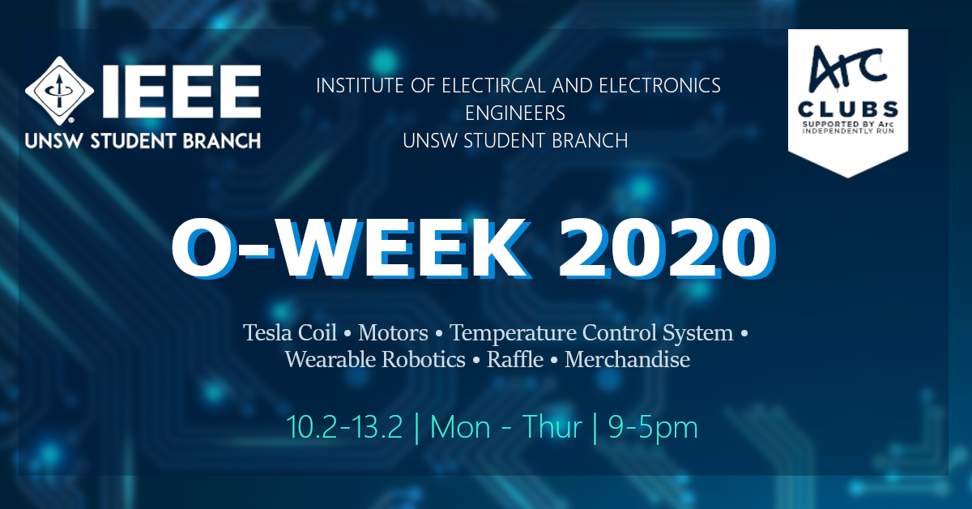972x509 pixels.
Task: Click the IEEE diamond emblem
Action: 59,91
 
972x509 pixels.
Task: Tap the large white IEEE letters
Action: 181,92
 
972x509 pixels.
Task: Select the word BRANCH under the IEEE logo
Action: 221,141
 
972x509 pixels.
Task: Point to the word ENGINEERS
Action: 515,113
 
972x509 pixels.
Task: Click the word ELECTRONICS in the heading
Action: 659,86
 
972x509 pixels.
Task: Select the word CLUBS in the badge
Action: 848,109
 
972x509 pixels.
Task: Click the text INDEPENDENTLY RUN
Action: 848,130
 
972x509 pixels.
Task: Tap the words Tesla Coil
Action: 290,332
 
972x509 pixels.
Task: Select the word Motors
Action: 393,333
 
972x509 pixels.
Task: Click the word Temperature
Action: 513,334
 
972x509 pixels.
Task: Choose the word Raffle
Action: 515,360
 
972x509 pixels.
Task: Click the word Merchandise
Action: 627,360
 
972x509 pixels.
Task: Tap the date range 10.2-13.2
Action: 344,427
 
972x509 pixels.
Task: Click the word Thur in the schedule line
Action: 552,427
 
